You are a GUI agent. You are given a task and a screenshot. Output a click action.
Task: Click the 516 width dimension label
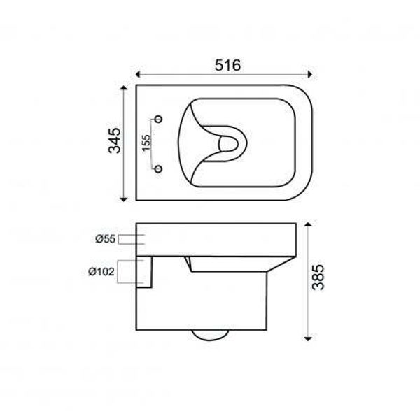coord(227,65)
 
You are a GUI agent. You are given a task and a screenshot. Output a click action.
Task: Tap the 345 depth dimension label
coord(115,140)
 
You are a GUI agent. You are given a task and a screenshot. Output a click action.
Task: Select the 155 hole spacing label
coord(146,143)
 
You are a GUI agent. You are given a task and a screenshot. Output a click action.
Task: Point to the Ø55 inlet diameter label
coord(105,239)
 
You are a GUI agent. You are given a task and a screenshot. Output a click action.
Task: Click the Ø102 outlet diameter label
coord(101,272)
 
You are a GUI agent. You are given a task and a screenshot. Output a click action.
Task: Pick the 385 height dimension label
coord(318,277)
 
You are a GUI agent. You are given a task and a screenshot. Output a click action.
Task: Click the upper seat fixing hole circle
coord(159,118)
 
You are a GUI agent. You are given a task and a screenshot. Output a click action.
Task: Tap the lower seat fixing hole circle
coord(159,168)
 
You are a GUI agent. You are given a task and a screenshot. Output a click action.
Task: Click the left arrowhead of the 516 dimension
coord(138,74)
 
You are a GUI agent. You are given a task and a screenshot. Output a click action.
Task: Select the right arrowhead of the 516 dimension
coord(310,74)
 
